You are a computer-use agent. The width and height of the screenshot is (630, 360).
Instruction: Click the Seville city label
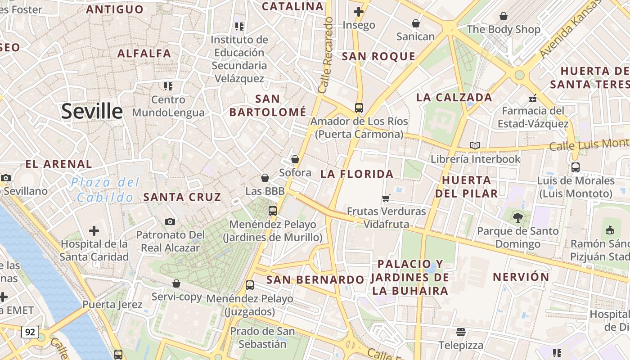[x=92, y=111]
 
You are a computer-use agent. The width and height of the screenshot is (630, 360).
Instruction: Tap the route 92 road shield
[x=30, y=333]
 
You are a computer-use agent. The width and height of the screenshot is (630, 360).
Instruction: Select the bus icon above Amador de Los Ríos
[x=359, y=108]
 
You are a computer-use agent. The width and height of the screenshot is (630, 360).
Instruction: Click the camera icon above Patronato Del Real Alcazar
[x=170, y=221]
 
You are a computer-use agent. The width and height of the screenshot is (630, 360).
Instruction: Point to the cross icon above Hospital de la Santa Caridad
[x=94, y=231]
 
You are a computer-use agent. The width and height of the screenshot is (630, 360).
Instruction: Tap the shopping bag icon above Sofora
[x=295, y=159]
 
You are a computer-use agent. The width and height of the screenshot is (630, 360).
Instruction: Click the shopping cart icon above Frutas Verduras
[x=386, y=198]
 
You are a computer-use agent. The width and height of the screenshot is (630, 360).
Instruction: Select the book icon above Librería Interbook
[x=475, y=145]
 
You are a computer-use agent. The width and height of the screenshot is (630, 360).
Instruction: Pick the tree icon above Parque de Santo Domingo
[x=517, y=218]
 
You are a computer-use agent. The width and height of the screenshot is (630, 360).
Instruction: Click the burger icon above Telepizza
[x=461, y=332]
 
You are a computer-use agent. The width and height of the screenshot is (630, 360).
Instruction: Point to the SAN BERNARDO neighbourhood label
[x=315, y=280]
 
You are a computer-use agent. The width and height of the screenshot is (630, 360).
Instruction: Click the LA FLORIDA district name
[x=357, y=174]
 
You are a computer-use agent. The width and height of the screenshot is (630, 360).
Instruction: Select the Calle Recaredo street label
[x=326, y=55]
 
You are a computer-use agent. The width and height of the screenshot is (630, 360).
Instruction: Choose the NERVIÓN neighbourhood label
[x=521, y=277]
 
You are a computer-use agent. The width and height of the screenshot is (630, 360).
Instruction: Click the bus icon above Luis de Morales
[x=575, y=167]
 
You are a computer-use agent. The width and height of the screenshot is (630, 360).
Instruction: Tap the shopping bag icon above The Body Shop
[x=504, y=17]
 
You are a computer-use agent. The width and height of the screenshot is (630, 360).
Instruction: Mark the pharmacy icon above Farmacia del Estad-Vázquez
[x=533, y=98]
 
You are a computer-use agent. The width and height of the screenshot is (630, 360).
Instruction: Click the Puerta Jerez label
[x=112, y=305]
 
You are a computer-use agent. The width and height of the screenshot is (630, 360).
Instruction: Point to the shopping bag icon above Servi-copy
[x=176, y=283]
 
